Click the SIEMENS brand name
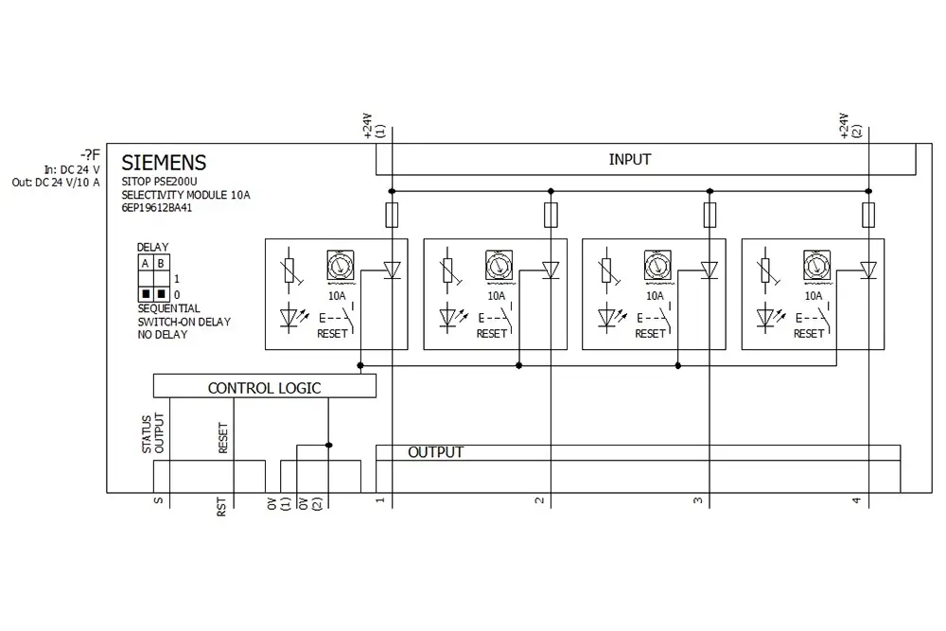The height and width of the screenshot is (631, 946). click(164, 163)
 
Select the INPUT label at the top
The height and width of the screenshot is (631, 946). click(630, 160)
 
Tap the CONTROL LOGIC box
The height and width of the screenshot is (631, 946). click(264, 386)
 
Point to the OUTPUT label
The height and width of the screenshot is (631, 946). click(435, 452)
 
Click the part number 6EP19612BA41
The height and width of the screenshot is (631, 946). click(156, 208)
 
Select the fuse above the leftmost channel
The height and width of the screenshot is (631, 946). click(392, 215)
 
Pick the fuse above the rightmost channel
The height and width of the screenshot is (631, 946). click(868, 215)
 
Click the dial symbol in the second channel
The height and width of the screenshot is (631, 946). click(499, 266)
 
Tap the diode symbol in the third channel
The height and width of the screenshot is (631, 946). click(709, 270)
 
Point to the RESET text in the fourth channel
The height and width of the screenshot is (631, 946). click(809, 334)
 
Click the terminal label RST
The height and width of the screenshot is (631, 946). click(221, 506)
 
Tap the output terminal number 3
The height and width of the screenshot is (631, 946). click(698, 500)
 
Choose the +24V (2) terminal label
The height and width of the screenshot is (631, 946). click(850, 126)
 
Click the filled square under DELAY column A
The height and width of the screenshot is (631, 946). click(146, 294)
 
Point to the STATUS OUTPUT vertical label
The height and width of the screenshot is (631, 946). click(152, 433)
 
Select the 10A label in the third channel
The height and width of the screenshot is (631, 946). click(655, 296)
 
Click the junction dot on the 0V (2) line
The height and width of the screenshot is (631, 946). click(328, 446)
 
